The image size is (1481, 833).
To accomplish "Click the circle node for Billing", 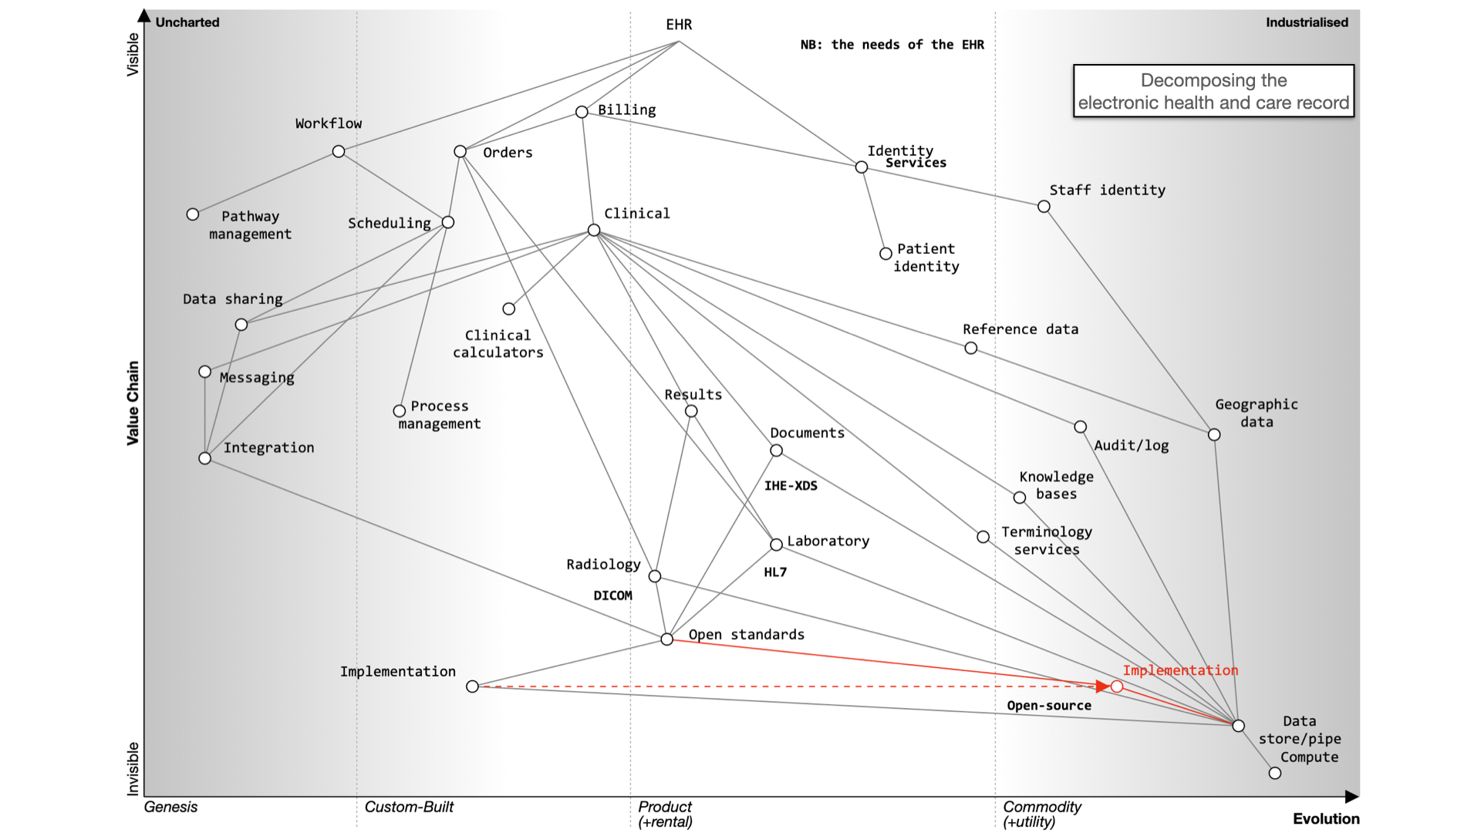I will pyautogui.click(x=582, y=112).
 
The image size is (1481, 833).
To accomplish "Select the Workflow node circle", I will pyautogui.click(x=339, y=151).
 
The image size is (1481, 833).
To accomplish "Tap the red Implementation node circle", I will pyautogui.click(x=1117, y=686).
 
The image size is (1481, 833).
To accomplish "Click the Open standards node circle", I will pyautogui.click(x=667, y=639).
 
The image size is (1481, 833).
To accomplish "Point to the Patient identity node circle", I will pyautogui.click(x=886, y=254).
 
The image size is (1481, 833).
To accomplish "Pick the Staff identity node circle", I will pyautogui.click(x=1044, y=207).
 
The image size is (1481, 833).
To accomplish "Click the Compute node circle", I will pyautogui.click(x=1275, y=773).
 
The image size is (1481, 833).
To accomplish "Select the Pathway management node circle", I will pyautogui.click(x=193, y=214).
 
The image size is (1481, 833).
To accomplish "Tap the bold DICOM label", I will pyautogui.click(x=612, y=595).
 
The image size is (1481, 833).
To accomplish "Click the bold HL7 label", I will pyautogui.click(x=775, y=572).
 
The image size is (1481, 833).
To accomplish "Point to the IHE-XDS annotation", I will pyautogui.click(x=791, y=486).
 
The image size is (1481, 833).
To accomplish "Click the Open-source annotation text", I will pyautogui.click(x=1049, y=706).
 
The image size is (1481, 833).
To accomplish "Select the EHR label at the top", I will pyautogui.click(x=679, y=25).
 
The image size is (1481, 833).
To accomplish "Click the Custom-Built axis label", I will pyautogui.click(x=409, y=807).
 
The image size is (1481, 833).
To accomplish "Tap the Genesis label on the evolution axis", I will pyautogui.click(x=170, y=807).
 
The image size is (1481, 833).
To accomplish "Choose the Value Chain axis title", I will pyautogui.click(x=133, y=403).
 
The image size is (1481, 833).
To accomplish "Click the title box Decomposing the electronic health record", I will pyautogui.click(x=1213, y=91).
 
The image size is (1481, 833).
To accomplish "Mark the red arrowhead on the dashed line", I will pyautogui.click(x=1103, y=686).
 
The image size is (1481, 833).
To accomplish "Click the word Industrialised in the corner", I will pyautogui.click(x=1307, y=22).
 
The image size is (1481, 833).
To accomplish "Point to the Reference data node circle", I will pyautogui.click(x=971, y=349).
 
